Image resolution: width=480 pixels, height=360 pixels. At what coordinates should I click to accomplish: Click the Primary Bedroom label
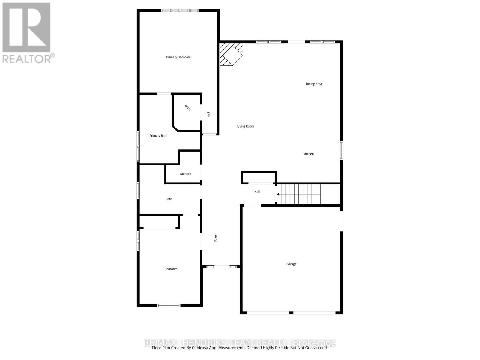178,57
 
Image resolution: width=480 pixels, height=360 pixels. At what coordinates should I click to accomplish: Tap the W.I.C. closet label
188,108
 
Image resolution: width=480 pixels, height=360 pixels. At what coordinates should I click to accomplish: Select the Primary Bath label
158,136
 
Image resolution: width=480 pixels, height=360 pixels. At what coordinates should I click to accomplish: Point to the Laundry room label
185,174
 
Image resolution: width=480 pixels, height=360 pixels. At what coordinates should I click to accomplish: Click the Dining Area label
314,84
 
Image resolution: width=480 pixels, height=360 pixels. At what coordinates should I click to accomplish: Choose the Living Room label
245,126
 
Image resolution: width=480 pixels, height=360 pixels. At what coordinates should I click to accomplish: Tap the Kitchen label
308,154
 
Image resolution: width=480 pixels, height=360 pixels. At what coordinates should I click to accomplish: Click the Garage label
291,264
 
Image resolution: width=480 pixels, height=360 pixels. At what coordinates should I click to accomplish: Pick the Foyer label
216,238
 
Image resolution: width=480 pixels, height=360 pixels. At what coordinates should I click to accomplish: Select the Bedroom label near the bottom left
171,269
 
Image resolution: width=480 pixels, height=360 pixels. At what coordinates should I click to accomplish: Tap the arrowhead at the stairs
278,194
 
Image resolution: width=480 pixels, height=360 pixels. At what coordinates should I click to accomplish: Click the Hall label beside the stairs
257,192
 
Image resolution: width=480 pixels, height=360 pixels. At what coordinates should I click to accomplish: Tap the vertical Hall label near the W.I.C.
208,114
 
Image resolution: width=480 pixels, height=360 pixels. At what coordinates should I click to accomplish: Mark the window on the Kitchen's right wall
341,150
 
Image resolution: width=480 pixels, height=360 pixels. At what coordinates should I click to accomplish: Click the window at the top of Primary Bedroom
180,10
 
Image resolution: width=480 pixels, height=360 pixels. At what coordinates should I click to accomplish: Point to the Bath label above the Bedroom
169,199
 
